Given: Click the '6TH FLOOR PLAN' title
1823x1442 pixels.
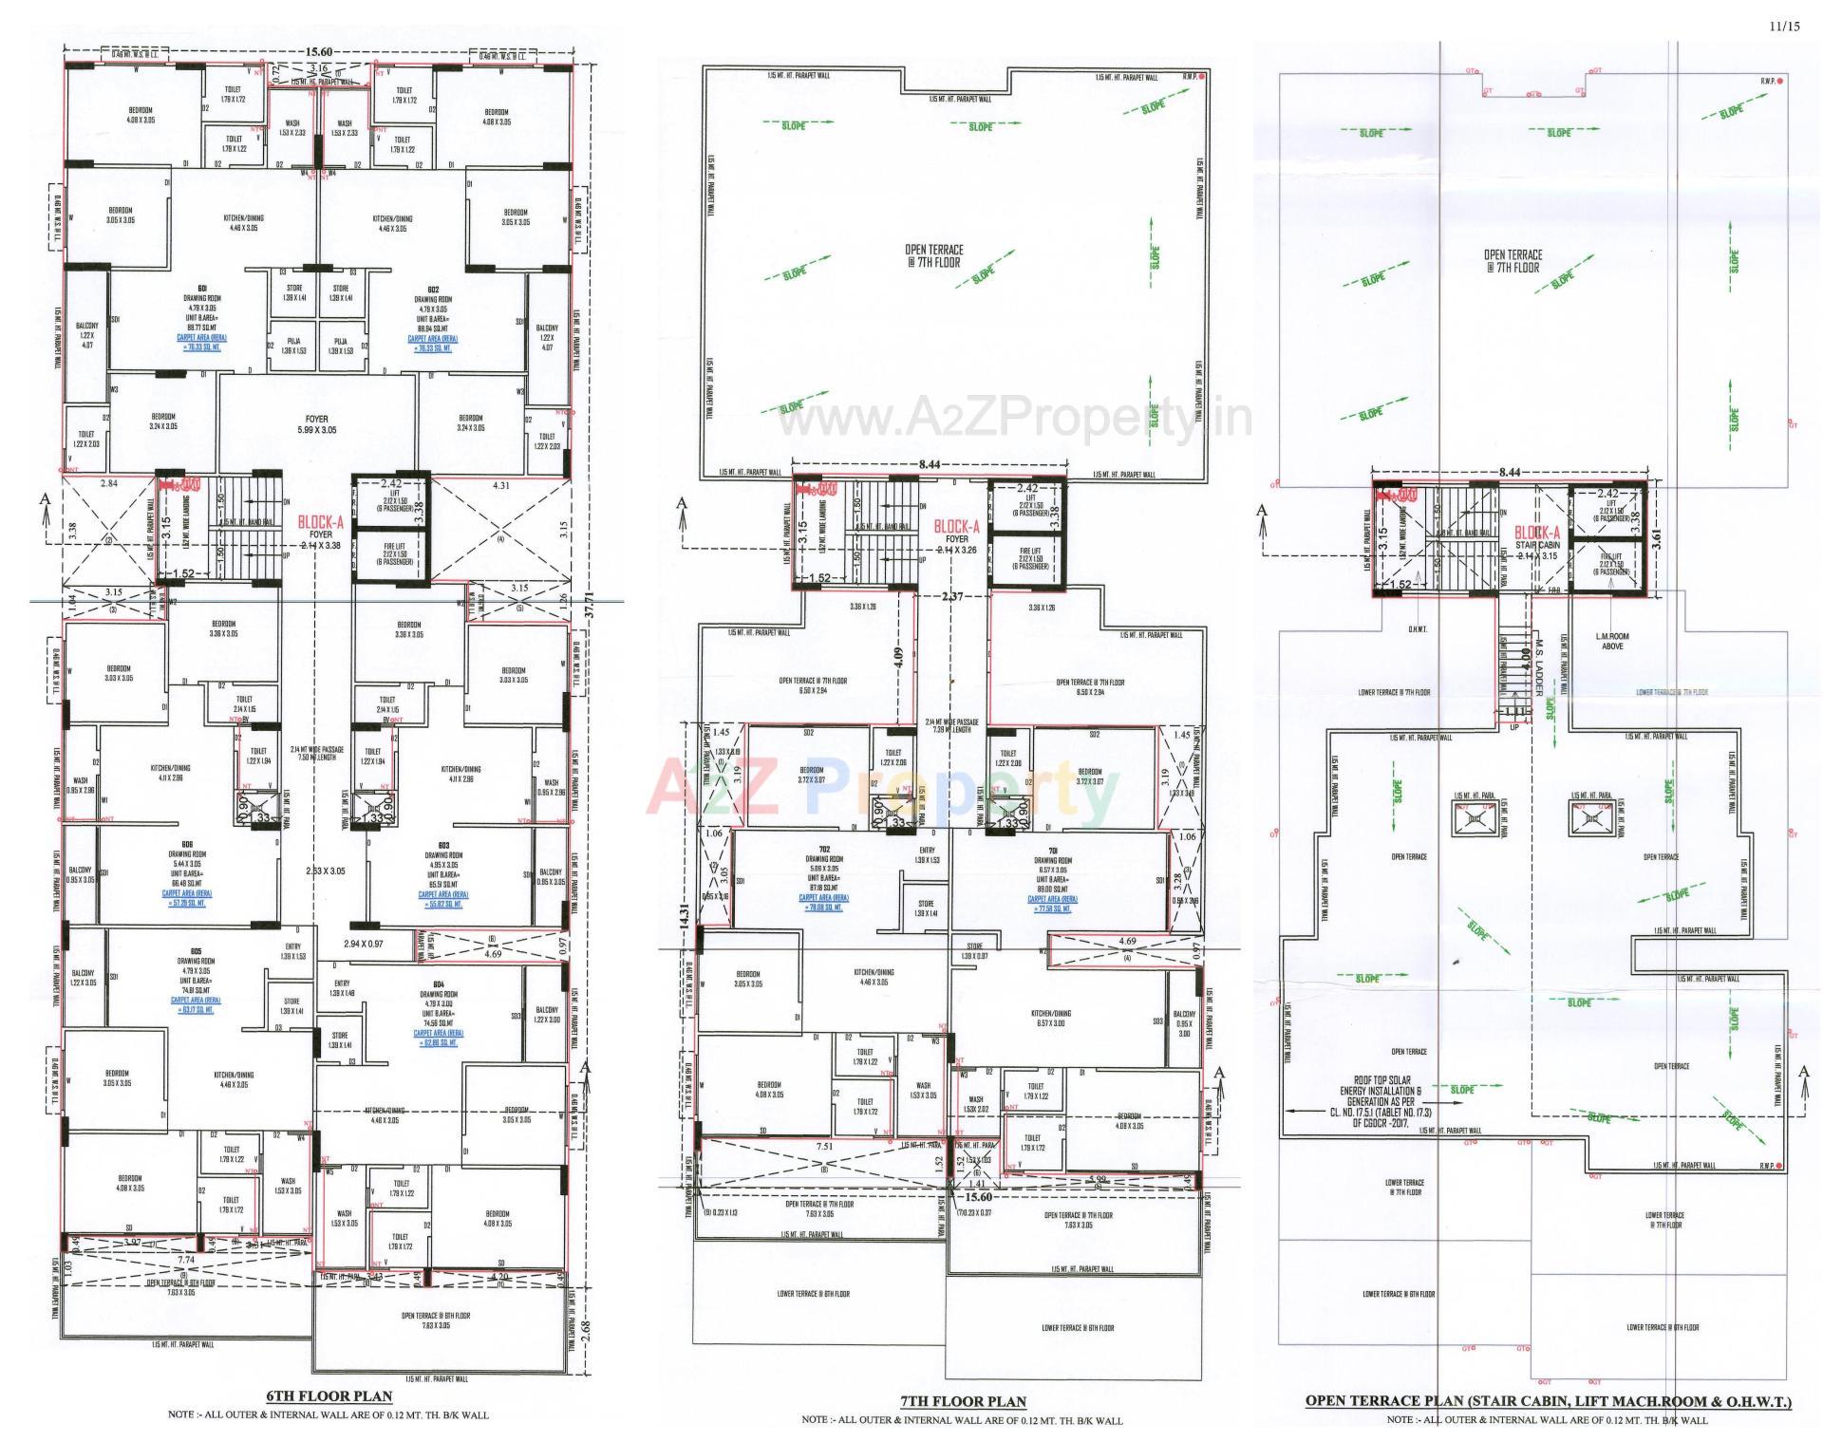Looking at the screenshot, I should click(328, 1396).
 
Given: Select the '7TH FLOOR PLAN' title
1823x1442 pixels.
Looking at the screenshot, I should click(963, 1401).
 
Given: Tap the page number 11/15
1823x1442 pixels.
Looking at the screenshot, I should click(1784, 27).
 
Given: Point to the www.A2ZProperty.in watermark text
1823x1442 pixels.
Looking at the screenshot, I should click(1014, 419).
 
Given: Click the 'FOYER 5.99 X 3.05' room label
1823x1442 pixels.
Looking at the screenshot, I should click(316, 424).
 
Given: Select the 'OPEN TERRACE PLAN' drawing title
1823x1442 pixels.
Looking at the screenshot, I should click(1548, 1400).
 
